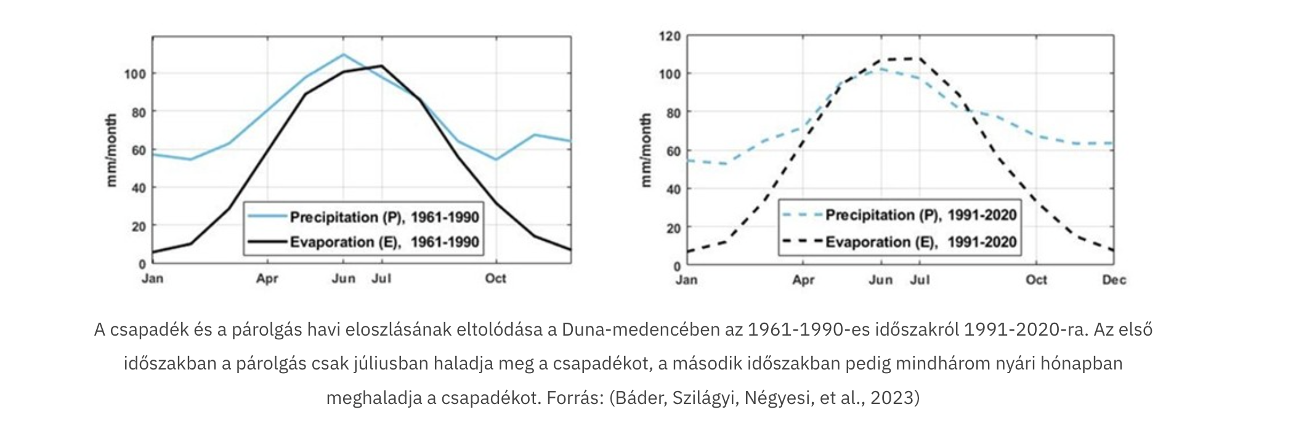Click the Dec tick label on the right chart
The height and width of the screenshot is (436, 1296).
(x=1114, y=280)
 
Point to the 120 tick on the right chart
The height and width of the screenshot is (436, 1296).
(x=670, y=36)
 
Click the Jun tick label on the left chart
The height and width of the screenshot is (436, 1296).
(x=344, y=278)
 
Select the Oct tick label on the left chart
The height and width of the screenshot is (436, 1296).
(x=495, y=278)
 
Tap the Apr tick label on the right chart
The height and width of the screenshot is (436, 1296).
(x=803, y=280)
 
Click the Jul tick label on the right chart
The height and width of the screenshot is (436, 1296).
(x=920, y=280)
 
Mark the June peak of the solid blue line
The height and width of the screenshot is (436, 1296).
(x=344, y=54)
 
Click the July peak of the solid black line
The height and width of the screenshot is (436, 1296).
(x=382, y=65)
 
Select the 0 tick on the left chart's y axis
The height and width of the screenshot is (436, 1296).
(x=142, y=264)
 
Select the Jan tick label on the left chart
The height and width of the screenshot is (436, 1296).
(x=153, y=278)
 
